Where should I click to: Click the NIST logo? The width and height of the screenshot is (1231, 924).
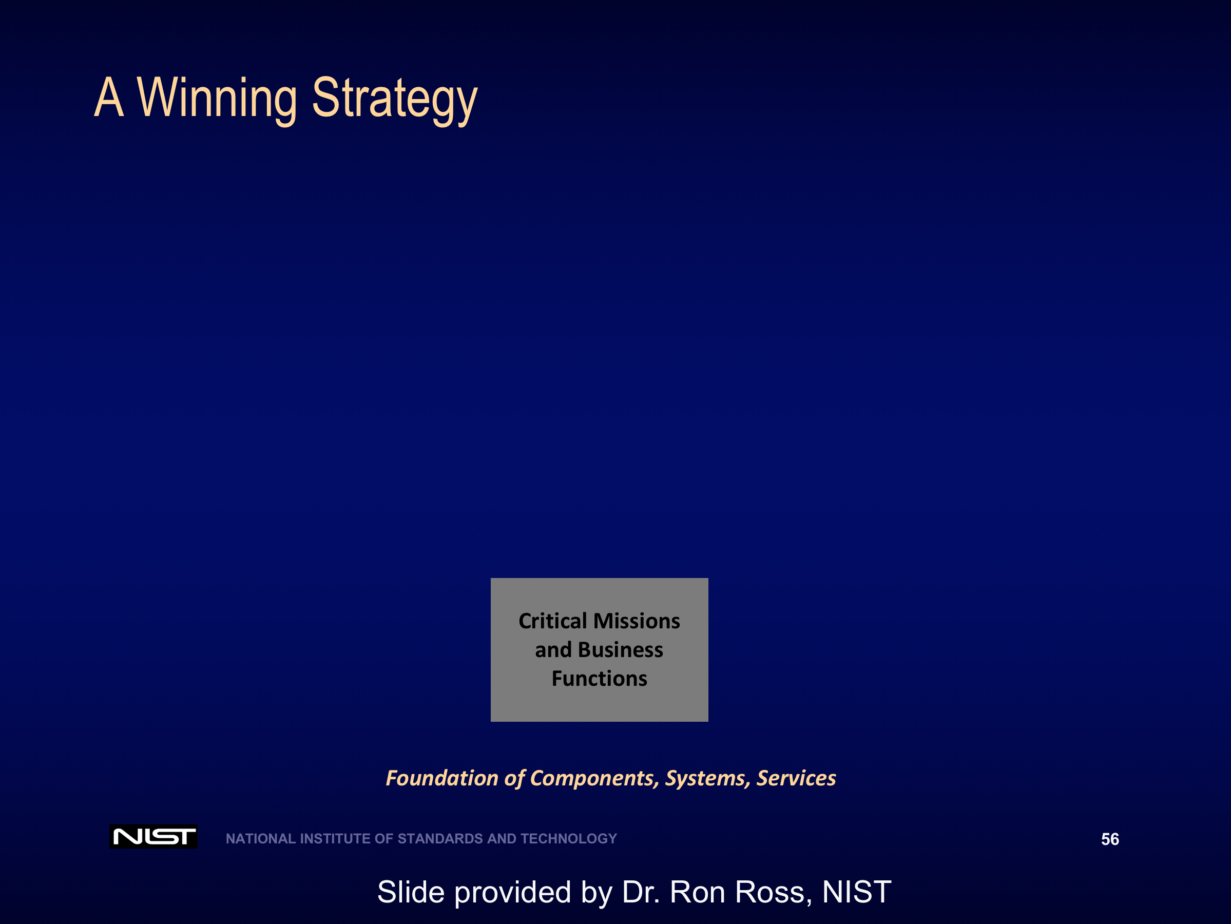point(153,837)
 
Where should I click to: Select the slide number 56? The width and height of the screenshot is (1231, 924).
point(1110,839)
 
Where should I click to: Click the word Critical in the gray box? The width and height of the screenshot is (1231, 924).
point(552,621)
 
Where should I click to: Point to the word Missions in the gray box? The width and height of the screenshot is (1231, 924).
point(637,621)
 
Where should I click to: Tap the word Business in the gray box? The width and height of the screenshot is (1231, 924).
point(621,649)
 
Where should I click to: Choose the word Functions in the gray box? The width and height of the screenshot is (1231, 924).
point(600,679)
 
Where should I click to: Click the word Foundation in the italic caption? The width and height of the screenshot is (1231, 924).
point(442,778)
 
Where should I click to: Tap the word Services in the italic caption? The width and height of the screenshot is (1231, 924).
point(796,778)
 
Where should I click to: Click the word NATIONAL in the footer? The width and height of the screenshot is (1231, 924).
point(261,839)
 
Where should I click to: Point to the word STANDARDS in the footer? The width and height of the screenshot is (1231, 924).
point(441,839)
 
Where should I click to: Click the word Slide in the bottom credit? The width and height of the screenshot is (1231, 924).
point(411,892)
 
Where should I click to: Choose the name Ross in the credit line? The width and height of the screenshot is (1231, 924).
point(770,892)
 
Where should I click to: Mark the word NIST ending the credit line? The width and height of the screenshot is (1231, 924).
point(857,892)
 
